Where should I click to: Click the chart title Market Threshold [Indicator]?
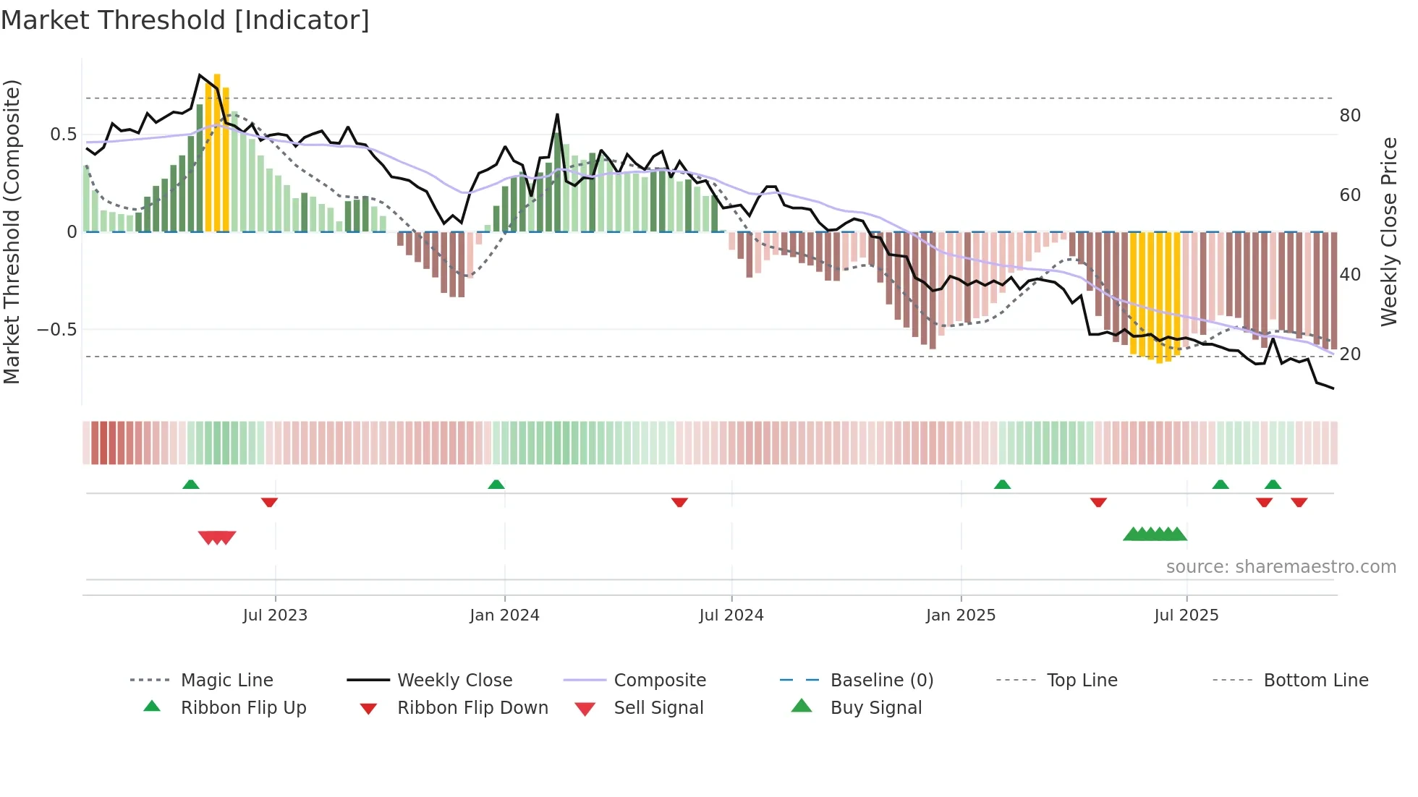pos(185,20)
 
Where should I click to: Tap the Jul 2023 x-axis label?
pos(275,615)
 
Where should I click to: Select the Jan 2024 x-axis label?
pos(504,615)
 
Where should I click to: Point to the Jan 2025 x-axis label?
pos(961,615)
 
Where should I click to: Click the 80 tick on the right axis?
pos(1350,116)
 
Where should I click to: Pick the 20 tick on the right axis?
pos(1350,354)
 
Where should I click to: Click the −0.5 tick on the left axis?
pos(57,330)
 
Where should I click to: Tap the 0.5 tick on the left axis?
pos(64,135)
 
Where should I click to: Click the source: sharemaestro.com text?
pos(1281,567)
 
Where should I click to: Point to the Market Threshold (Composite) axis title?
pos(12,231)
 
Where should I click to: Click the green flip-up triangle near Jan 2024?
pos(496,485)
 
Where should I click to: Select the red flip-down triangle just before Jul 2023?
pos(269,502)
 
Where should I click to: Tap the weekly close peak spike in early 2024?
pos(557,114)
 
